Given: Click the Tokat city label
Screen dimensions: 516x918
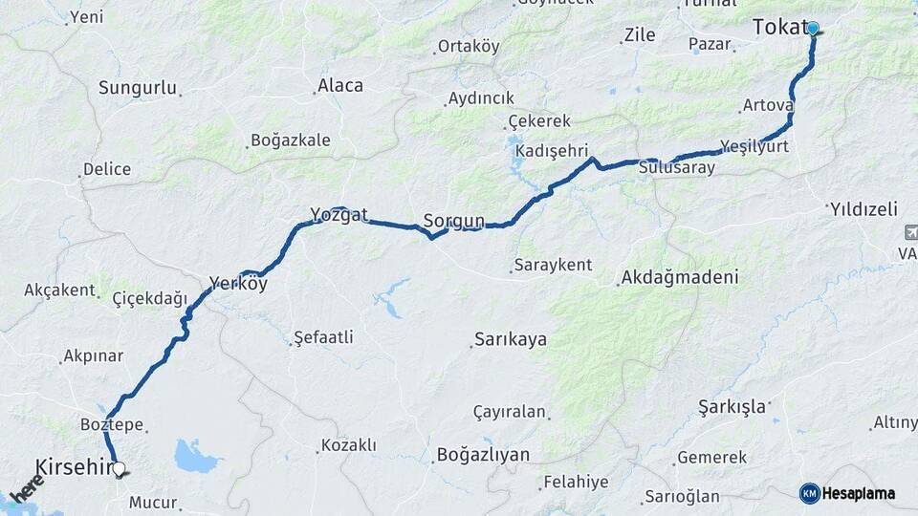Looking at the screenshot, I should point(779,28).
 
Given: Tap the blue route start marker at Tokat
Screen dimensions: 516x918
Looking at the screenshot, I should point(813,29).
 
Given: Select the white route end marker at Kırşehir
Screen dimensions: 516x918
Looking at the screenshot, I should point(119,469).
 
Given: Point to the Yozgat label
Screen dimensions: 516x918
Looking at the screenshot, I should point(339,215).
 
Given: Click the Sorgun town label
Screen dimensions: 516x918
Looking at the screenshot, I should point(454,222).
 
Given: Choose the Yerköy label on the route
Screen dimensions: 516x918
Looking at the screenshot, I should point(238,284).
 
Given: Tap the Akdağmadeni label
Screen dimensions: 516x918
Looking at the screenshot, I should point(680,278).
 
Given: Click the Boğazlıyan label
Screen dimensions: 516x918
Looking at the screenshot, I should point(483,455).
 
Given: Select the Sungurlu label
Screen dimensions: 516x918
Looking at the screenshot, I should point(138,88).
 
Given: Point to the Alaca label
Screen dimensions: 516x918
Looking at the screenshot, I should point(340,85).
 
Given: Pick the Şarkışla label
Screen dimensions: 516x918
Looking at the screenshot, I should point(732,406).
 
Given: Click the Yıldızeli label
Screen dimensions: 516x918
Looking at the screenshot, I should point(864,208).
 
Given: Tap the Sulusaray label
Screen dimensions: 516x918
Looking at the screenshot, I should point(677,166).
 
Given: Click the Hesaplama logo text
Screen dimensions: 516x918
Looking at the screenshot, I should point(859,493).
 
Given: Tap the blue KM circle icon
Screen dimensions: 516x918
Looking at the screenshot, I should point(810,493).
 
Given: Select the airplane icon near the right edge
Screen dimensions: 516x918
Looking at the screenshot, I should point(909,232).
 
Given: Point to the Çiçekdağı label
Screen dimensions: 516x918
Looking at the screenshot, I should point(150,298).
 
